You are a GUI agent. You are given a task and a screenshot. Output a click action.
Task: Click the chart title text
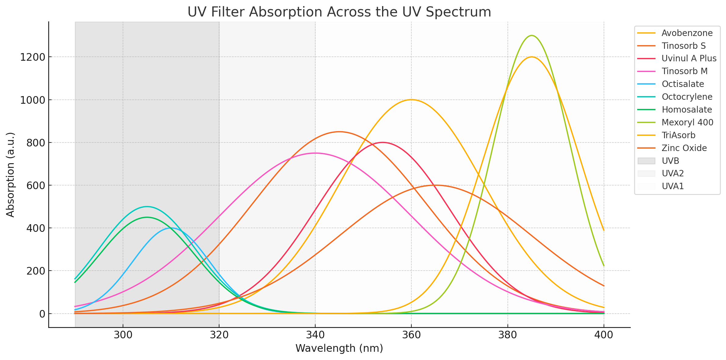tap(339, 12)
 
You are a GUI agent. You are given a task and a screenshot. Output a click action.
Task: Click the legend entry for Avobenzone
tap(687, 33)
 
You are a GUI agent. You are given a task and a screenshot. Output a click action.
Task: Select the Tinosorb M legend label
tap(684, 71)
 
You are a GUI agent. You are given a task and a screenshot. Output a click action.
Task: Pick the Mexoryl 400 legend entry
tap(687, 122)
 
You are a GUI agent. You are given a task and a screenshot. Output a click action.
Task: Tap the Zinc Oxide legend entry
tap(684, 148)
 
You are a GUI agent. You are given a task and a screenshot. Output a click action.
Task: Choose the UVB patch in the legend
tap(646, 161)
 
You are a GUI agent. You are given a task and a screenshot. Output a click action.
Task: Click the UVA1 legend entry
tap(673, 186)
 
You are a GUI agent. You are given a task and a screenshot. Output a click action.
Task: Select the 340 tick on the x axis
tap(315, 335)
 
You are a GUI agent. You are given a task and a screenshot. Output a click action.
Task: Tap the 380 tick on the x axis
tap(507, 335)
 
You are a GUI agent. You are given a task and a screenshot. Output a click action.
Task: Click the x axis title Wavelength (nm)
tap(339, 348)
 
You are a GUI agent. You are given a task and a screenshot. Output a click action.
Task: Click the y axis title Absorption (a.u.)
tap(10, 175)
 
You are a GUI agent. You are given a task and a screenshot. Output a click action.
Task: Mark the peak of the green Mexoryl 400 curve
tap(532, 36)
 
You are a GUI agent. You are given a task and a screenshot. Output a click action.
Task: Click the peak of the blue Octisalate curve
tap(171, 228)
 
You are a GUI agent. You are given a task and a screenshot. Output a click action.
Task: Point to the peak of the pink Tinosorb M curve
tap(315, 153)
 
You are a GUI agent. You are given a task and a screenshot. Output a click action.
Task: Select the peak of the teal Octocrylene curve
tap(147, 207)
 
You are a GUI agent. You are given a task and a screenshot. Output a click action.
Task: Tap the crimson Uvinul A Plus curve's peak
tap(382, 142)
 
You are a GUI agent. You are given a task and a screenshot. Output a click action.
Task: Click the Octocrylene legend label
tap(687, 97)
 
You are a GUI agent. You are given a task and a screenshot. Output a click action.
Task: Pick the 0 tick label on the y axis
tap(42, 314)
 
